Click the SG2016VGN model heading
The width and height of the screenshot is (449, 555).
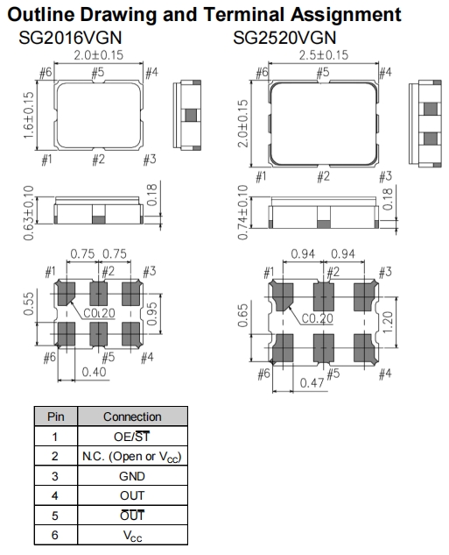70,38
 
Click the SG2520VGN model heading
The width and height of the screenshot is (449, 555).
284,38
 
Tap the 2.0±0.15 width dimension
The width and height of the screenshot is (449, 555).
99,55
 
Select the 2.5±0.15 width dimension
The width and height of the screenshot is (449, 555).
324,55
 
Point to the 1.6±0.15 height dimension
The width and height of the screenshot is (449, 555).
29,116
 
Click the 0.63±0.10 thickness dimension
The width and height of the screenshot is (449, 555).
29,213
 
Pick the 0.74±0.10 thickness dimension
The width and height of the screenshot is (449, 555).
243,212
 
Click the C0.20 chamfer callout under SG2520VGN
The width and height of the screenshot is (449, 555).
317,318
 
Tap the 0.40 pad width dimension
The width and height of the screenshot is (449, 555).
94,372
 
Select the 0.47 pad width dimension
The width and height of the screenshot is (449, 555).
312,382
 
